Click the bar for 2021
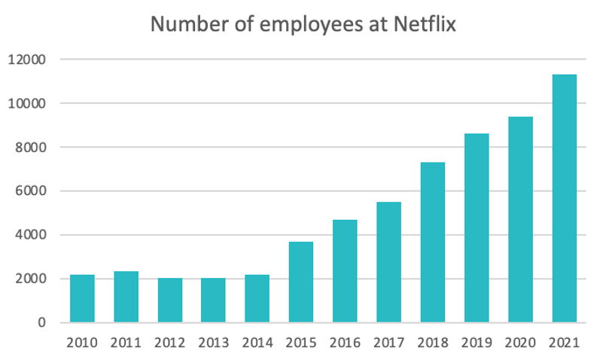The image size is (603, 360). pos(564,199)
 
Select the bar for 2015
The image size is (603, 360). pos(301,282)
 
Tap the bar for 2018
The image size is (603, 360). pos(432,243)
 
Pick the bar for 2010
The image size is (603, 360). pos(82,299)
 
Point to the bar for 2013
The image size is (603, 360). pos(213,301)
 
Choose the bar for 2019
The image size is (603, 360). pos(477,228)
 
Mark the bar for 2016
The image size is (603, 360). pos(345,271)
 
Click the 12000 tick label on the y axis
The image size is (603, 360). pos(28,59)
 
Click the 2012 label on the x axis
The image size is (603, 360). pos(169,343)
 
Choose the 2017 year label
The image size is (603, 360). pos(388,343)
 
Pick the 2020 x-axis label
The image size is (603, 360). pos(520,343)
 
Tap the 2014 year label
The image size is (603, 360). pos(257,343)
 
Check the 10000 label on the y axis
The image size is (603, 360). pos(28,103)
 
